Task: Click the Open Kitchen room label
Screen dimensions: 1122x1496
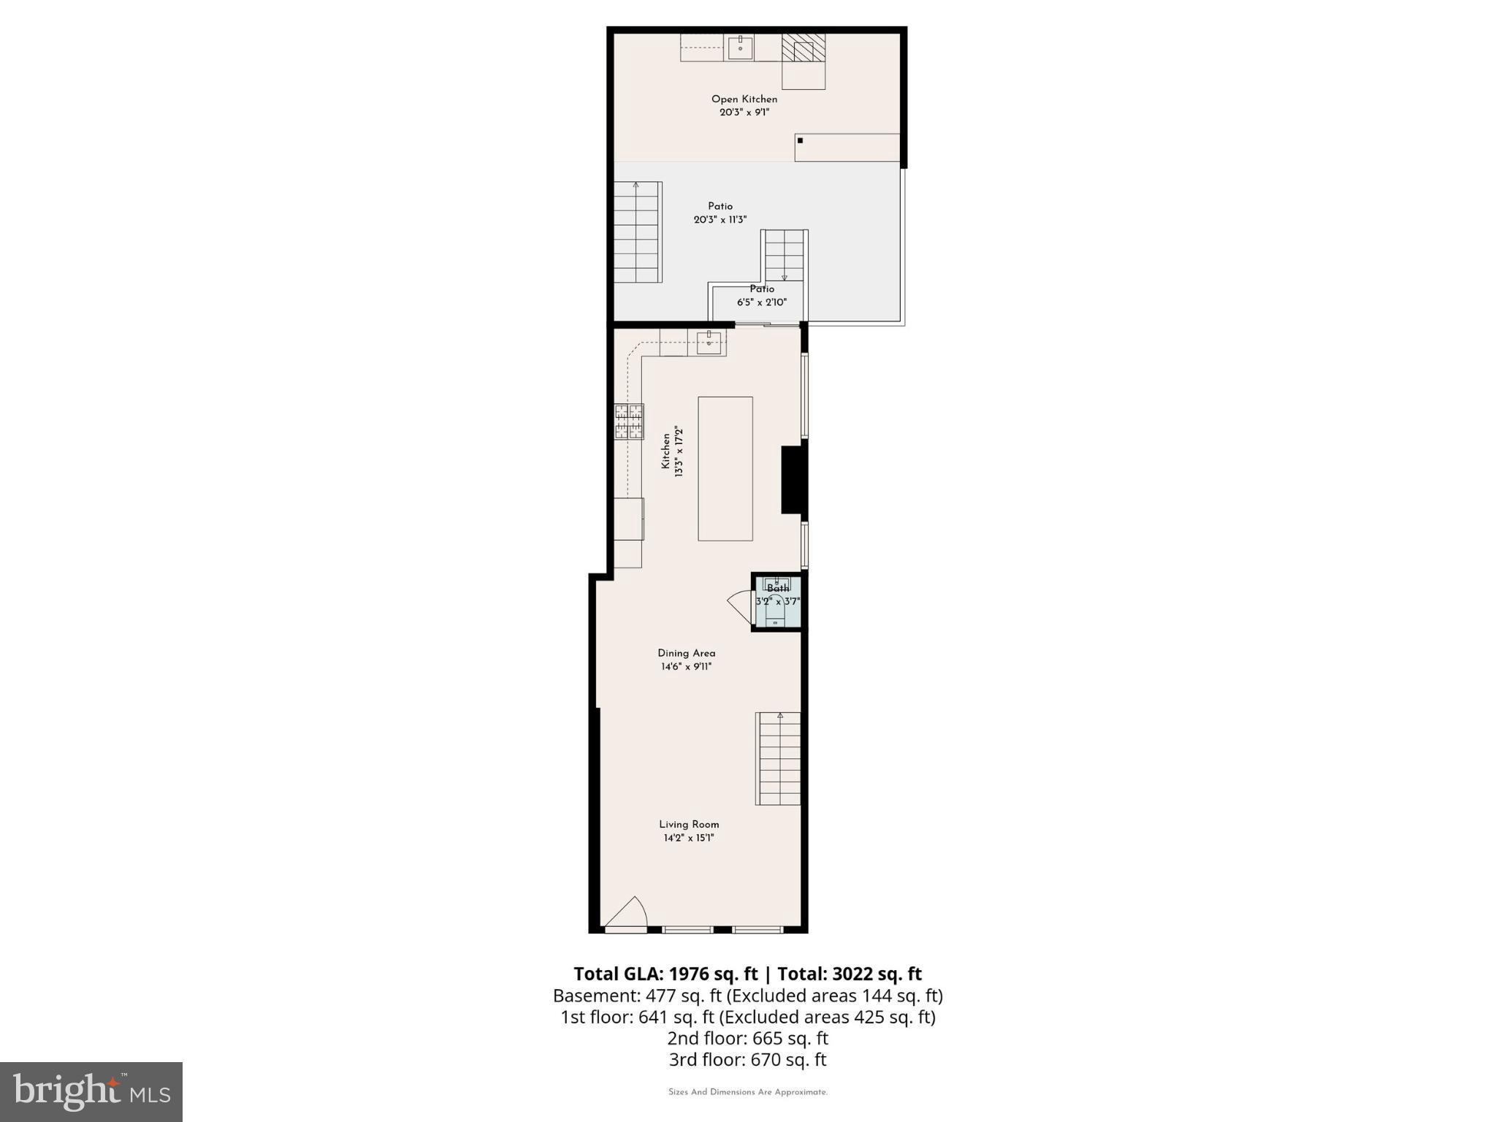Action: pyautogui.click(x=744, y=99)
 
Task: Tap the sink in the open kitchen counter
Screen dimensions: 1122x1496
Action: pyautogui.click(x=740, y=47)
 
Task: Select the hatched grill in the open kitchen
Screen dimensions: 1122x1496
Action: pyautogui.click(x=804, y=48)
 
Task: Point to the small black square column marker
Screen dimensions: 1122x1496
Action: pyautogui.click(x=800, y=140)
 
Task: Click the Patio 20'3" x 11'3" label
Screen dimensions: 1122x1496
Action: pyautogui.click(x=720, y=213)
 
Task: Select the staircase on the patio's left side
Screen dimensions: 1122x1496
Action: pyautogui.click(x=638, y=232)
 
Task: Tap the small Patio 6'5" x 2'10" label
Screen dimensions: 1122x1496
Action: pyautogui.click(x=761, y=296)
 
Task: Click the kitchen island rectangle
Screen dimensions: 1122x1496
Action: pyautogui.click(x=725, y=468)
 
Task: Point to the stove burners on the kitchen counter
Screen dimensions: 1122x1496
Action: pyautogui.click(x=629, y=421)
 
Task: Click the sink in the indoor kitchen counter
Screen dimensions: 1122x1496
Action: pyautogui.click(x=709, y=342)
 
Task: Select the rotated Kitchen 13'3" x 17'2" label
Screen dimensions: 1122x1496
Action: pyautogui.click(x=672, y=451)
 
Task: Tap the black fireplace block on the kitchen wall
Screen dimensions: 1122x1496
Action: pyautogui.click(x=793, y=479)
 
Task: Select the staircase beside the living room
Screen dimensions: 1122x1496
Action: pyautogui.click(x=778, y=758)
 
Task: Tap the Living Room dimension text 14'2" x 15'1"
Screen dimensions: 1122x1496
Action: pyautogui.click(x=689, y=838)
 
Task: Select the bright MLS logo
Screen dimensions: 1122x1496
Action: pyautogui.click(x=91, y=1092)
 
